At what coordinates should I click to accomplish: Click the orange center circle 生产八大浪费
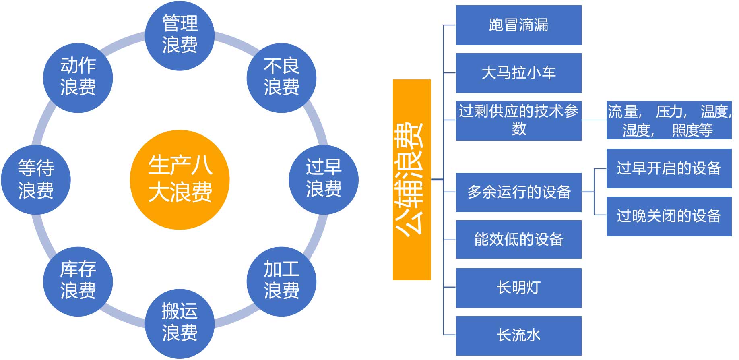180,179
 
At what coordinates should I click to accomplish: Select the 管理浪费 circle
180,35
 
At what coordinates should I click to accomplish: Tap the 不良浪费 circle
281,77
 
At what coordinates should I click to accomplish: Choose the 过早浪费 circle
324,179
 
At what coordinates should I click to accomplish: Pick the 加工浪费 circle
281,281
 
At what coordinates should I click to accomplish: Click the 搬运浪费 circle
180,323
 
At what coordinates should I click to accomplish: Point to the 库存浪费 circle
78,281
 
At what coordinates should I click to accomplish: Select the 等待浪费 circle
36,179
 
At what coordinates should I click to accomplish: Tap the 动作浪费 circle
78,77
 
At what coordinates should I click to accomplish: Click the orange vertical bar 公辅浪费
411,179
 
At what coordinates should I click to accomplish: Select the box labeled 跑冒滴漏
518,25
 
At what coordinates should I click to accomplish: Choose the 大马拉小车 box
518,73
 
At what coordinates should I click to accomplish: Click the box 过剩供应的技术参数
518,120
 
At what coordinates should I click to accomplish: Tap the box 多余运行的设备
518,192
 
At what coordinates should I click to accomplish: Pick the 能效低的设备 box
518,239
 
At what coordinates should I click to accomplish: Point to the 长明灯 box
518,288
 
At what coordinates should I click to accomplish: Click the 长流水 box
518,335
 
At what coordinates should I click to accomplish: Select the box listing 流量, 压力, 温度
669,120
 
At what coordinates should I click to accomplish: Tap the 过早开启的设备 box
669,168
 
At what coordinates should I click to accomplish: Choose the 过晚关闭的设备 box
669,216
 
